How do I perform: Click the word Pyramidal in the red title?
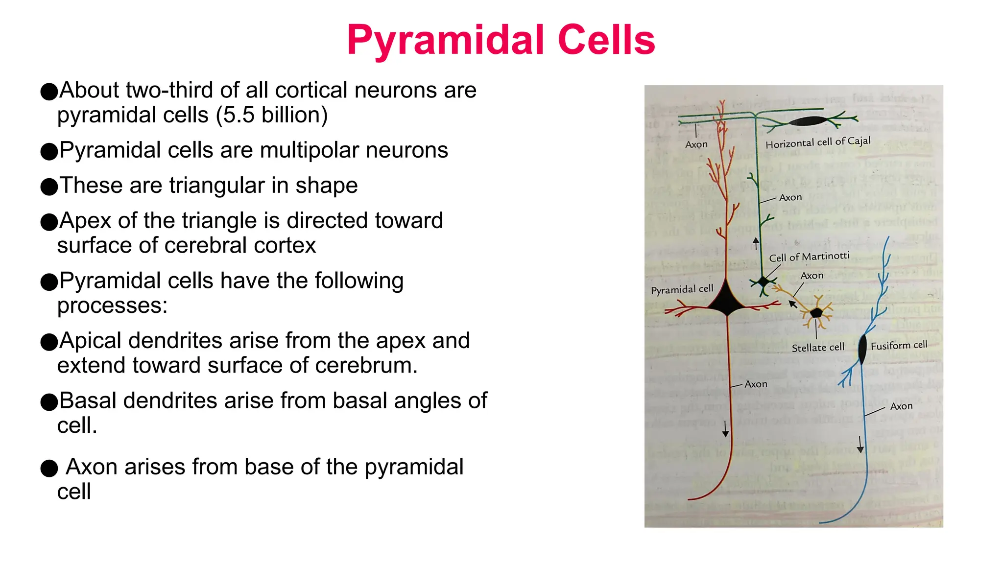click(x=445, y=40)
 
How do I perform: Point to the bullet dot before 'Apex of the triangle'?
click(x=49, y=222)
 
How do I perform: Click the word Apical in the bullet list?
click(x=94, y=341)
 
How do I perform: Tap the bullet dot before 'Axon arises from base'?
click(x=49, y=469)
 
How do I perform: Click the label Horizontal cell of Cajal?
click(x=818, y=142)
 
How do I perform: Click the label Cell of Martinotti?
click(x=809, y=257)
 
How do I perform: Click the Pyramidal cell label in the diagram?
click(x=682, y=289)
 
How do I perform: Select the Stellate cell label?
click(x=818, y=348)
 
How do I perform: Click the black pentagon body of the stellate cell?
click(x=816, y=313)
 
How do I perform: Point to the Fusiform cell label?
click(x=899, y=345)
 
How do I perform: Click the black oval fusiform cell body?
click(x=862, y=349)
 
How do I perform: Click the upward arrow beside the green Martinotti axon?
click(x=756, y=243)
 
